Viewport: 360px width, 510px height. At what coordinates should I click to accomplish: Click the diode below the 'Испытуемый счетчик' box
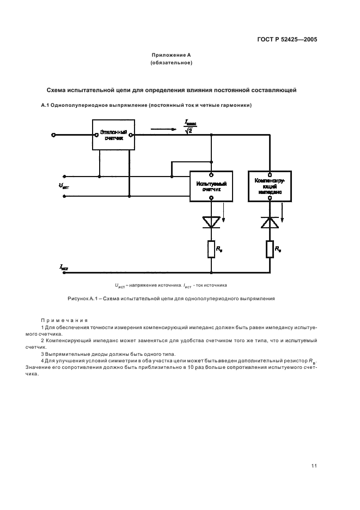[211, 221]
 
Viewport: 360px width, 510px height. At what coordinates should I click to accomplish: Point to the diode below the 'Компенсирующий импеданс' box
[269, 221]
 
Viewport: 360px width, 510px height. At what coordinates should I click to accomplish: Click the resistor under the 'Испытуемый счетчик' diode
[211, 249]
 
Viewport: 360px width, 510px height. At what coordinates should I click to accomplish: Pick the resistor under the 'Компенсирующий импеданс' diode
[269, 249]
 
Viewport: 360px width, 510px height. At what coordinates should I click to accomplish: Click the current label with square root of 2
[189, 127]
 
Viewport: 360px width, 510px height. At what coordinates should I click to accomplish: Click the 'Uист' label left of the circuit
[64, 185]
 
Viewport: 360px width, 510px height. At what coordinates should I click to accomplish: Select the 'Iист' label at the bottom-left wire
[64, 267]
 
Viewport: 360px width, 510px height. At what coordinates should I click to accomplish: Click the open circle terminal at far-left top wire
[53, 135]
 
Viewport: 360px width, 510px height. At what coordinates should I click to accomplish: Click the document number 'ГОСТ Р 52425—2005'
[288, 40]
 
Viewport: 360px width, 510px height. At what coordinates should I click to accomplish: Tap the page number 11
[314, 465]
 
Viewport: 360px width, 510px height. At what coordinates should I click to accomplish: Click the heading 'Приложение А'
[171, 56]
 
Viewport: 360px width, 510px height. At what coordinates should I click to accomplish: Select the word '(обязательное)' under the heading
[171, 64]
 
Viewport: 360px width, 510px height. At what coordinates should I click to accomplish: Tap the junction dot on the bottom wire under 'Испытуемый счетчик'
[211, 271]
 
